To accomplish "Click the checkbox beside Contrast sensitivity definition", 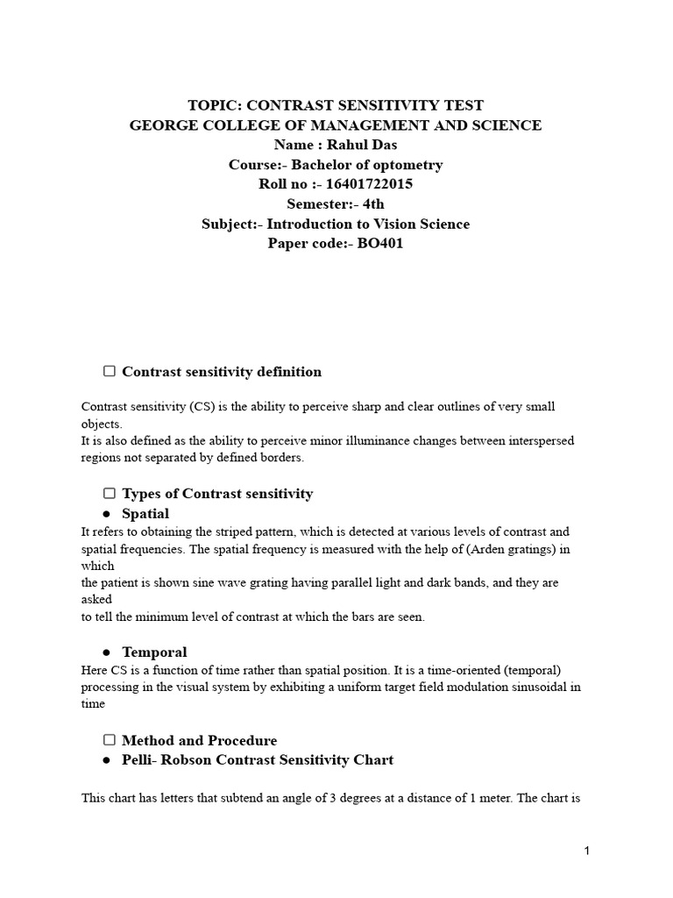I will click(x=110, y=371).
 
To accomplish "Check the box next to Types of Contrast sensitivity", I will click(x=110, y=493).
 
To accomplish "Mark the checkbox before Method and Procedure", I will click(x=110, y=740).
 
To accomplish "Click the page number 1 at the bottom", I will click(x=587, y=851).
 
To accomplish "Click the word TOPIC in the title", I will click(x=214, y=105).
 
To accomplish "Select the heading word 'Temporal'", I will click(x=154, y=652).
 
